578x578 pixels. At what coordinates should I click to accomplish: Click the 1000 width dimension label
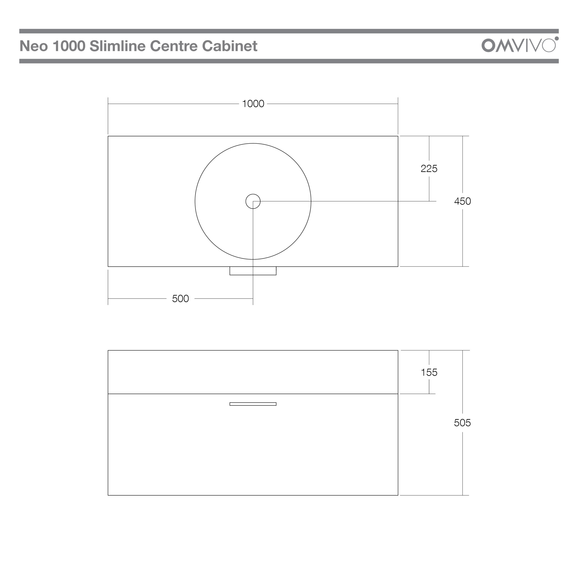pos(253,104)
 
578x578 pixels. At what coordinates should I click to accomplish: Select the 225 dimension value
pos(429,169)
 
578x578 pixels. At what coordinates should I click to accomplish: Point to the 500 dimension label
pos(180,298)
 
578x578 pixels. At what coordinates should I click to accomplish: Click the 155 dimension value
pos(429,373)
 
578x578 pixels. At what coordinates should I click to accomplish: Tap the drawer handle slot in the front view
pos(253,404)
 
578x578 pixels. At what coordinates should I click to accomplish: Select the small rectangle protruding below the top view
pos(253,271)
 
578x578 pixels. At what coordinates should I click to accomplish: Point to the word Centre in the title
pos(174,46)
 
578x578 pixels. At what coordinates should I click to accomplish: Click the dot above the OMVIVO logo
pos(557,38)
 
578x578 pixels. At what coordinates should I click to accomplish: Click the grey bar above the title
pos(289,31)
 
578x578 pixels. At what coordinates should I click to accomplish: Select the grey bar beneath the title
pos(289,61)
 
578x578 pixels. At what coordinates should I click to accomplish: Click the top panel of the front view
pos(253,372)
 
